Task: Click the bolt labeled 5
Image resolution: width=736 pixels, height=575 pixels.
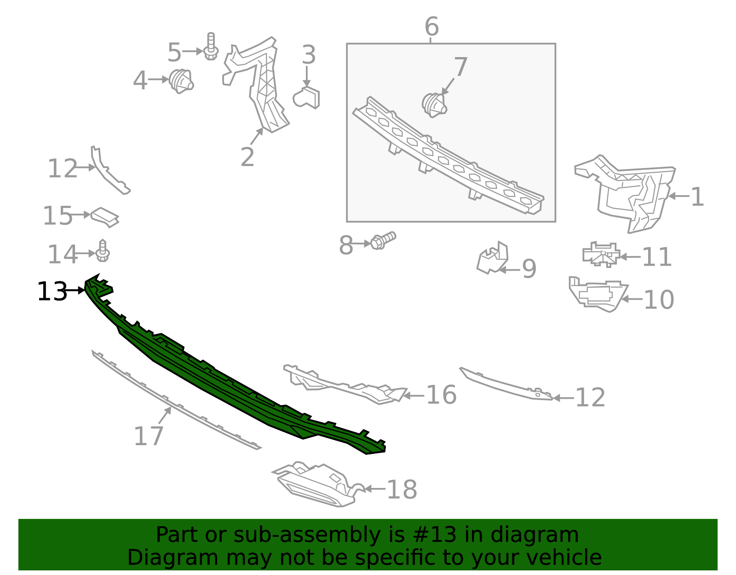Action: (x=211, y=47)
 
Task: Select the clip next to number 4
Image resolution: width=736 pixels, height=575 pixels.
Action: (x=180, y=81)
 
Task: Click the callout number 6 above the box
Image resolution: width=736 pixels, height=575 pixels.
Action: (x=431, y=27)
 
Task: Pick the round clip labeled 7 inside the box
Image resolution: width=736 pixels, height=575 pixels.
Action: (x=434, y=105)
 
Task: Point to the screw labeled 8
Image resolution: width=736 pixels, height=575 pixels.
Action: (x=382, y=241)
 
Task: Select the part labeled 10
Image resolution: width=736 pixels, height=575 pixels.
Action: (x=596, y=294)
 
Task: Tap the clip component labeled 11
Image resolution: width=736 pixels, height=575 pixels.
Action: (x=601, y=255)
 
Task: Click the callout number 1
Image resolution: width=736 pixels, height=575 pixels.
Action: (x=697, y=197)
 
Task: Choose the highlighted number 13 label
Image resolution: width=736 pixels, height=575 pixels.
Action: (x=52, y=292)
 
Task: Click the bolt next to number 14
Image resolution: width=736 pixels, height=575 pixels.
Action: (x=103, y=251)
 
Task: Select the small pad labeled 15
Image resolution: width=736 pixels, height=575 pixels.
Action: (x=105, y=216)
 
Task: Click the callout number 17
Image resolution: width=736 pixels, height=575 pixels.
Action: (x=148, y=436)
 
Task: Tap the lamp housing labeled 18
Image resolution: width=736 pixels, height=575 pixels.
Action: (x=317, y=485)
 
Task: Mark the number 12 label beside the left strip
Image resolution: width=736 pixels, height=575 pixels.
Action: (x=63, y=168)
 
